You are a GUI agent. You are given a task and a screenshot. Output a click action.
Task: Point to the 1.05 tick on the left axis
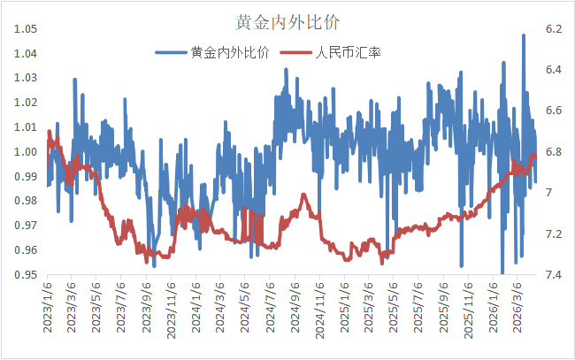pos(26,29)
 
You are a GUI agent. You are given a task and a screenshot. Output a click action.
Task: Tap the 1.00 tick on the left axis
pos(26,152)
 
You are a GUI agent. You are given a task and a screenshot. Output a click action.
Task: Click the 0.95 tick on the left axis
pos(26,275)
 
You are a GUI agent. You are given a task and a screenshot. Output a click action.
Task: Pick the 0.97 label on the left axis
pos(26,226)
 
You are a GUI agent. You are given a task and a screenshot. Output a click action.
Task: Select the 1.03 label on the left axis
pos(26,79)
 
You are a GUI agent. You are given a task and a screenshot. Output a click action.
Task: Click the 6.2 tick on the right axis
pos(555,29)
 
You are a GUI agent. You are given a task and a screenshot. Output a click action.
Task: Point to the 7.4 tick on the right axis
pos(555,275)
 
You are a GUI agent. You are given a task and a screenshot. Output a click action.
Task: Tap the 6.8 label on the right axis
pos(555,152)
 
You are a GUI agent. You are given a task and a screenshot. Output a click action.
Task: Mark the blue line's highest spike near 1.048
pos(525,35)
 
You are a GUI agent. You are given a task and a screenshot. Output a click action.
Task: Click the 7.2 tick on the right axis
pos(555,234)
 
